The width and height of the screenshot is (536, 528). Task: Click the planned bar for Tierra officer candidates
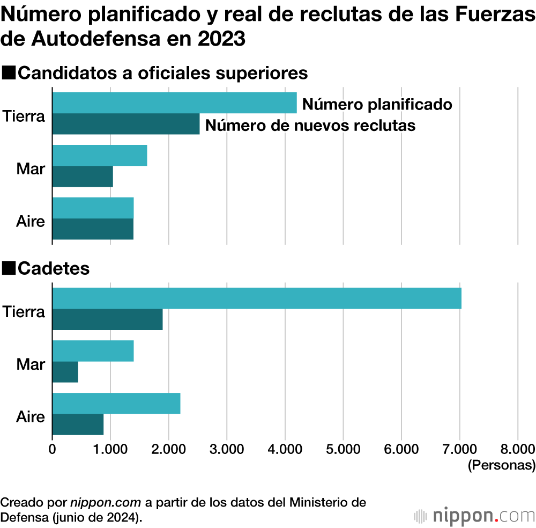(x=174, y=103)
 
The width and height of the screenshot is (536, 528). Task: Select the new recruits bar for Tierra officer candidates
(x=126, y=124)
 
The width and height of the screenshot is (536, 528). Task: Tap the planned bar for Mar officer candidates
(x=100, y=156)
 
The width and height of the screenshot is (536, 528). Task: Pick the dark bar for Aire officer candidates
(x=93, y=229)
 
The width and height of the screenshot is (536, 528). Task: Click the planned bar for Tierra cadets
(x=257, y=298)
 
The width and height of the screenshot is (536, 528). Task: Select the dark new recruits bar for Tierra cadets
(x=107, y=319)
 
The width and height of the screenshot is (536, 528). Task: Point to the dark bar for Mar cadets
(x=65, y=372)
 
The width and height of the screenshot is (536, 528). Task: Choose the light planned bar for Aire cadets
(x=116, y=404)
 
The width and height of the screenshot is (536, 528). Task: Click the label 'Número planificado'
(x=377, y=104)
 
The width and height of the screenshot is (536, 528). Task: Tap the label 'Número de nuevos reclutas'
(x=310, y=126)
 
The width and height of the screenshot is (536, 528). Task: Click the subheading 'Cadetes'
(x=54, y=268)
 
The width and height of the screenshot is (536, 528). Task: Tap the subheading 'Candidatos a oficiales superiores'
(x=162, y=73)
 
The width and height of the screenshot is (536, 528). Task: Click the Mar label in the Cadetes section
(x=31, y=365)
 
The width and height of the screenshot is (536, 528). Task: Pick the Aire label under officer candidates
(x=31, y=221)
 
